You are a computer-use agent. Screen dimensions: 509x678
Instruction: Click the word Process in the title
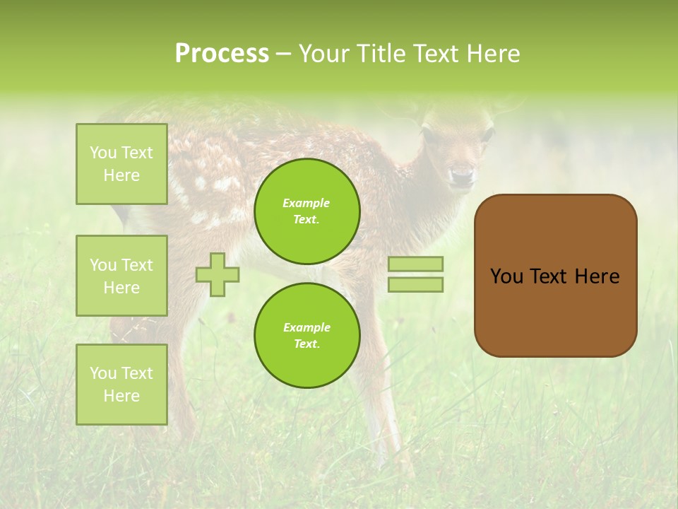click(x=222, y=54)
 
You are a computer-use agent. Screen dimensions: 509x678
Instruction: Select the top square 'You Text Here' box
click(x=121, y=164)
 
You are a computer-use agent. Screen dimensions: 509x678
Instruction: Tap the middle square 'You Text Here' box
click(x=121, y=276)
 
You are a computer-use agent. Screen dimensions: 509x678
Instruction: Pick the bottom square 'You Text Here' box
click(x=121, y=385)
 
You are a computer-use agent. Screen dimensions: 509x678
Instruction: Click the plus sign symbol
click(x=218, y=274)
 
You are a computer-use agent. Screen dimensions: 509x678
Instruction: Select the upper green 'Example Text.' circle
click(x=307, y=211)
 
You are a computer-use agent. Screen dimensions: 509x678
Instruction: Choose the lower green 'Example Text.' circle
click(x=307, y=336)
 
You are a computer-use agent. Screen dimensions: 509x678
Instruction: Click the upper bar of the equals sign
click(x=415, y=264)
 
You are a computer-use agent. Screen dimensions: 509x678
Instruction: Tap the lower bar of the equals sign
click(x=415, y=285)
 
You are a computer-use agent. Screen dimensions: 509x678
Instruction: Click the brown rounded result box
click(x=555, y=276)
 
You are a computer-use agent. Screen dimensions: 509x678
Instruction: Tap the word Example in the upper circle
click(x=307, y=203)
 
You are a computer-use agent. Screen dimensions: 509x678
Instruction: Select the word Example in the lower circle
click(x=307, y=327)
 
